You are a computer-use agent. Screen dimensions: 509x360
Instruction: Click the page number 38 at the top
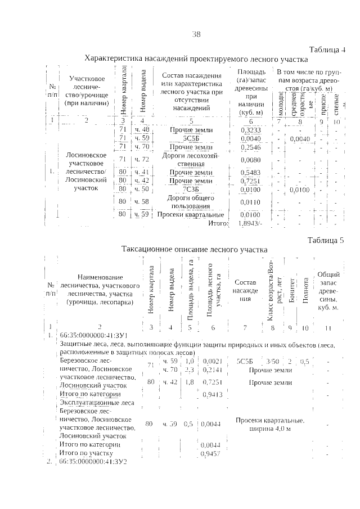[196, 34]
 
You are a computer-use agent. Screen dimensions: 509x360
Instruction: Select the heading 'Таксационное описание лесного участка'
[194, 249]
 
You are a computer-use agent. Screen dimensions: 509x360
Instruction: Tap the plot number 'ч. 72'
[142, 160]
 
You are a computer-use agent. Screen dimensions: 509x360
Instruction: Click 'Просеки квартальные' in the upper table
[191, 214]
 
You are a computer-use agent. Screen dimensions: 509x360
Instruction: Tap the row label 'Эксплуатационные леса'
[96, 403]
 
